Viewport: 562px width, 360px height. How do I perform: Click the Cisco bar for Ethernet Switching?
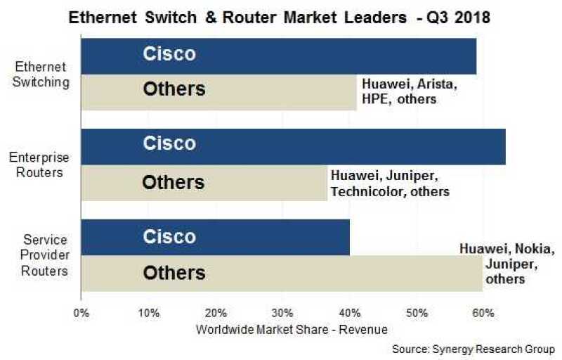[x=279, y=56]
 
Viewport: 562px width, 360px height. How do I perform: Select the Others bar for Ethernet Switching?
[x=219, y=92]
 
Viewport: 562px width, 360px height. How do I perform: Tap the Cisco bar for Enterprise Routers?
[x=294, y=147]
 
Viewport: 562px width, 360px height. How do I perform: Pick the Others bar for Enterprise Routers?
[x=204, y=183]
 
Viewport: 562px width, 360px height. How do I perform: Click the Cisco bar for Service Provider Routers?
[x=216, y=238]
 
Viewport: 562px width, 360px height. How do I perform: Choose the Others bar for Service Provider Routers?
[x=282, y=274]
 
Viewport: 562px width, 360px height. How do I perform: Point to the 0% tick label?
[x=81, y=313]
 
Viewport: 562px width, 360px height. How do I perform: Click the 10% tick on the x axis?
[x=149, y=313]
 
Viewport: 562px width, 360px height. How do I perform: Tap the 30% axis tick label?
[x=282, y=313]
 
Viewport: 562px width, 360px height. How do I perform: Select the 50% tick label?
[x=417, y=313]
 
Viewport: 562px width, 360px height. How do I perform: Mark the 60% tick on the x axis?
[x=483, y=313]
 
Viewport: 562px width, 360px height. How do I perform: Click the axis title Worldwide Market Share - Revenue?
[x=292, y=329]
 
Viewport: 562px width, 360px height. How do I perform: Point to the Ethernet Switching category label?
[x=41, y=75]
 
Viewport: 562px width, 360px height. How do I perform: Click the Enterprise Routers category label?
[x=39, y=165]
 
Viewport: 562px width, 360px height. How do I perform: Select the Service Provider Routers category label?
[x=44, y=255]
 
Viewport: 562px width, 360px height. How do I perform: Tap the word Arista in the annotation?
[x=437, y=84]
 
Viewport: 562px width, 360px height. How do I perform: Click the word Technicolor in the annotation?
[x=368, y=191]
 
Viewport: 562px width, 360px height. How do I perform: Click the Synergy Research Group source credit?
[x=473, y=349]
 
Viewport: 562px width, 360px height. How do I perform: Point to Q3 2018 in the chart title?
[x=458, y=17]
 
